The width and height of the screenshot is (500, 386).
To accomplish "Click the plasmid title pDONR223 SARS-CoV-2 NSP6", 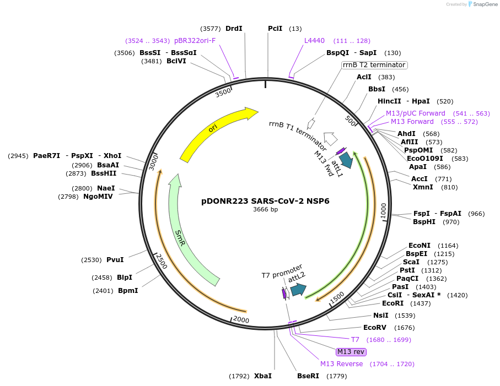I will (265, 201).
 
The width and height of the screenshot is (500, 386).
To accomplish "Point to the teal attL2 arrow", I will (298, 289).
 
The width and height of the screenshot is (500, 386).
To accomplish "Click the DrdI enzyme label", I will (234, 28).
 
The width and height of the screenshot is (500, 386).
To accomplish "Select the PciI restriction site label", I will (275, 28).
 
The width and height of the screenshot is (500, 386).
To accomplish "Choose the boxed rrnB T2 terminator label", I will (374, 65).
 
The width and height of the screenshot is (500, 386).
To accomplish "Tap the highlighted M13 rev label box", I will (351, 351).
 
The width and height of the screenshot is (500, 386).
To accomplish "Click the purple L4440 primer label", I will (314, 40).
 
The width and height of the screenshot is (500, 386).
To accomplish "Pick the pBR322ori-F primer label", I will (195, 41).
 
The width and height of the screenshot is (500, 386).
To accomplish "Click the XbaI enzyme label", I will (262, 376).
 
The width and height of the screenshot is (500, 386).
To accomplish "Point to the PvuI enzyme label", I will (115, 260).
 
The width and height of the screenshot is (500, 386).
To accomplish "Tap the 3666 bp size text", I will (265, 210).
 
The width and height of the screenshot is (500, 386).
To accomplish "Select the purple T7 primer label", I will (355, 340).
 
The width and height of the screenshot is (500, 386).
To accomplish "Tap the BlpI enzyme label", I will (125, 278).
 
